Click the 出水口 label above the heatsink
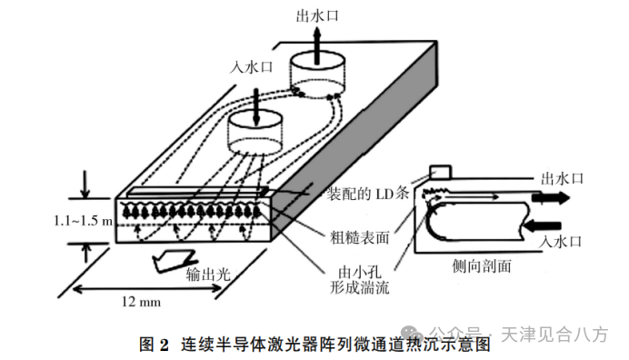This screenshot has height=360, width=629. [x=317, y=16]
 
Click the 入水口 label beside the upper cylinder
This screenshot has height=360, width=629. [x=251, y=67]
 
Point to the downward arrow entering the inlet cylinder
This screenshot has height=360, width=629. [x=256, y=107]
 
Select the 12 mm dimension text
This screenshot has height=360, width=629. [x=141, y=302]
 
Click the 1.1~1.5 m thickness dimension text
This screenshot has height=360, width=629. [x=84, y=220]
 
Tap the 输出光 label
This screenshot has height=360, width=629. [x=208, y=274]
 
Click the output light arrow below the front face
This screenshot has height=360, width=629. [x=174, y=261]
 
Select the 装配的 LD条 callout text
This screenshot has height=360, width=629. [x=367, y=194]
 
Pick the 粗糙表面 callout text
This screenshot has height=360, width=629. [x=359, y=237]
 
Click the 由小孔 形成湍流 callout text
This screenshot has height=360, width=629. [x=359, y=280]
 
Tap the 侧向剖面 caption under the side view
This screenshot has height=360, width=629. [x=482, y=265]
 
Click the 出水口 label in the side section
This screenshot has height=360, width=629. [x=562, y=178]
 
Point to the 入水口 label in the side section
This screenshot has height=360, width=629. [x=560, y=242]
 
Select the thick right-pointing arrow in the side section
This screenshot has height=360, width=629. [x=551, y=197]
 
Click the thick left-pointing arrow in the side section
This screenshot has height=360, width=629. [x=542, y=226]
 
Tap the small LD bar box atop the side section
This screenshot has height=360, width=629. [x=441, y=172]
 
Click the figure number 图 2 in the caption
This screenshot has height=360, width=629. [x=154, y=345]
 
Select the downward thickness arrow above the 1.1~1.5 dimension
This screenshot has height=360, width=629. [x=85, y=185]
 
